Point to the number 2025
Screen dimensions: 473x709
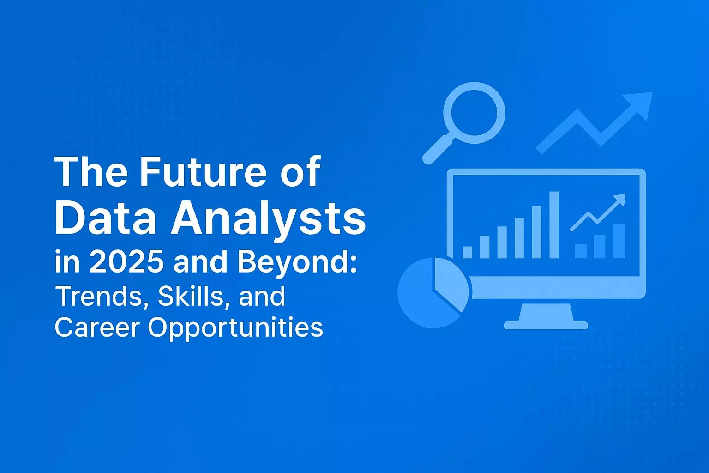tap(126, 261)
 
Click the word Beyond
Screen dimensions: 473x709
tap(297, 262)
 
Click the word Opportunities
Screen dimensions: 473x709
tap(235, 328)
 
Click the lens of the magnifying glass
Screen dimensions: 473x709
tap(474, 113)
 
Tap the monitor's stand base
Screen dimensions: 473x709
tap(546, 325)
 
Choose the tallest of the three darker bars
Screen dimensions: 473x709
tap(619, 241)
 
